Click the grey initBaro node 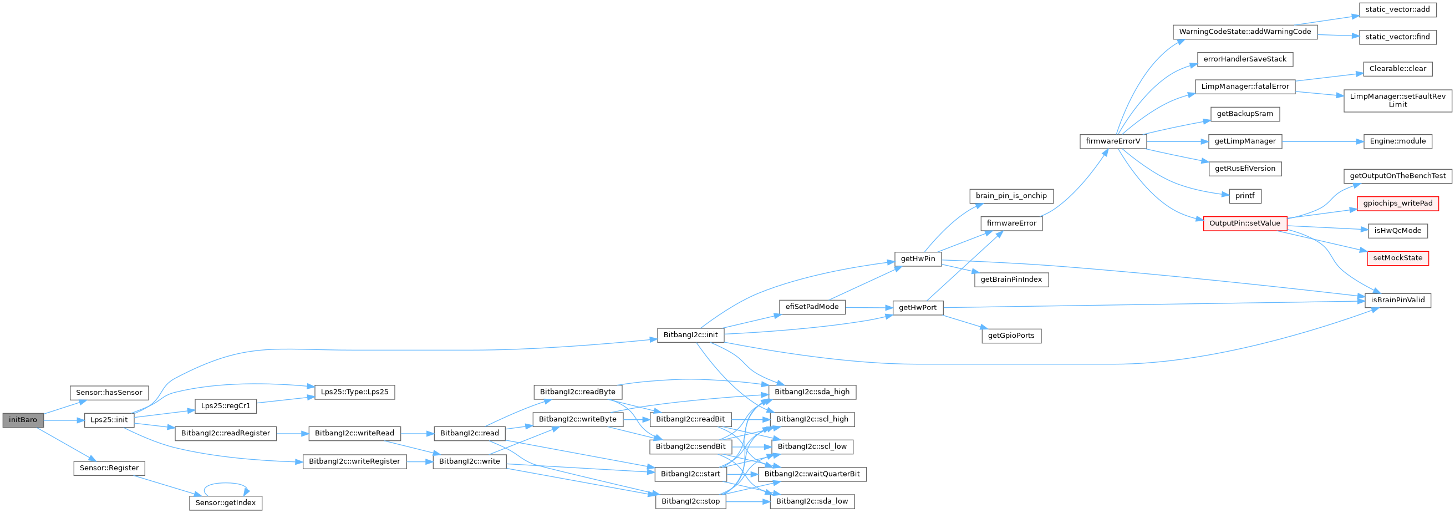[x=23, y=420]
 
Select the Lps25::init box [x=109, y=420]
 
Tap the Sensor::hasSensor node [x=109, y=392]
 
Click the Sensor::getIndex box [x=225, y=502]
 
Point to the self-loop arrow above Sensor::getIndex [x=226, y=484]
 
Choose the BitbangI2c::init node [x=690, y=334]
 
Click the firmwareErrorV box [x=1113, y=141]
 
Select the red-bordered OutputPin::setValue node [x=1245, y=223]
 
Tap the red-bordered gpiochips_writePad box [x=1397, y=203]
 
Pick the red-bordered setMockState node [x=1397, y=258]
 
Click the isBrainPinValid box [x=1397, y=300]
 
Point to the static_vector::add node [x=1397, y=9]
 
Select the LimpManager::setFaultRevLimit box [x=1397, y=100]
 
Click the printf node [x=1245, y=195]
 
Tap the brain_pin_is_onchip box [x=1011, y=195]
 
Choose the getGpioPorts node [x=1011, y=335]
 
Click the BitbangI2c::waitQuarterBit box [x=812, y=474]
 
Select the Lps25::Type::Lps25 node [x=354, y=392]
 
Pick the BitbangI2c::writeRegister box [x=354, y=461]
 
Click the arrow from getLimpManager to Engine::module [x=1322, y=141]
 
